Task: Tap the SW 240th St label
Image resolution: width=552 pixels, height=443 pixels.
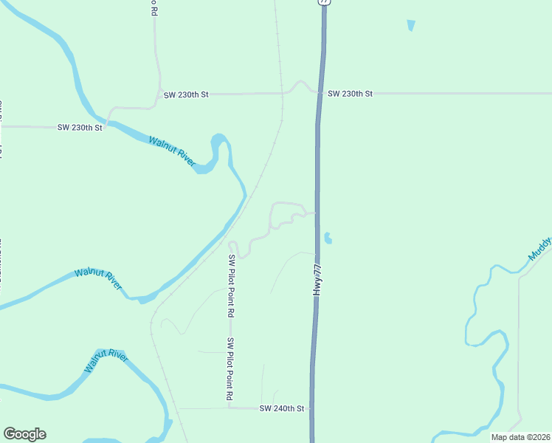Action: pos(282,408)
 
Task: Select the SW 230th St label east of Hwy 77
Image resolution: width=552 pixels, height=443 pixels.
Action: pos(350,94)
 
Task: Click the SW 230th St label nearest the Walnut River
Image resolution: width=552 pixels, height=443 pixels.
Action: pos(80,128)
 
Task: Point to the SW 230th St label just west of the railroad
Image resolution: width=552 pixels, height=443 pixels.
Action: pos(186,95)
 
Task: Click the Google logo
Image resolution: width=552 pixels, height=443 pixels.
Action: pos(24,433)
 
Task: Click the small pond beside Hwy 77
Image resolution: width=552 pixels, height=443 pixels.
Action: pos(327,238)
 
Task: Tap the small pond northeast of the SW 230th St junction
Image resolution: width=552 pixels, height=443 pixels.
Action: pos(411,25)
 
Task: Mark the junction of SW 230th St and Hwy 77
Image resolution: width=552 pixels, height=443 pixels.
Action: pos(320,94)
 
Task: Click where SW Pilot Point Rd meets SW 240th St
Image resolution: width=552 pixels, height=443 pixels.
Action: pos(230,408)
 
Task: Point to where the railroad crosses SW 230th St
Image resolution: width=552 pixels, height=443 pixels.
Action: pos(281,94)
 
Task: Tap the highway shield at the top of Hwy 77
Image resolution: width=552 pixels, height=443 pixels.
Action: pos(324,2)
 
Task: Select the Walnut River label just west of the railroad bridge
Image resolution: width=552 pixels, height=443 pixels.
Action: pos(97,280)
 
